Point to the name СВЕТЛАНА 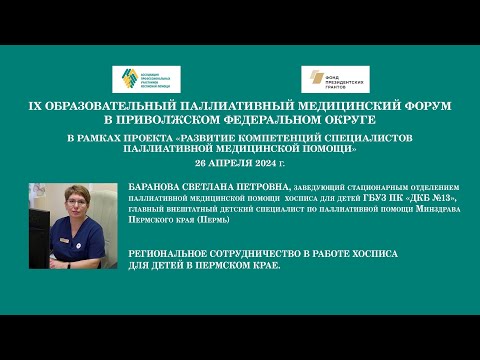pos(235,186)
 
